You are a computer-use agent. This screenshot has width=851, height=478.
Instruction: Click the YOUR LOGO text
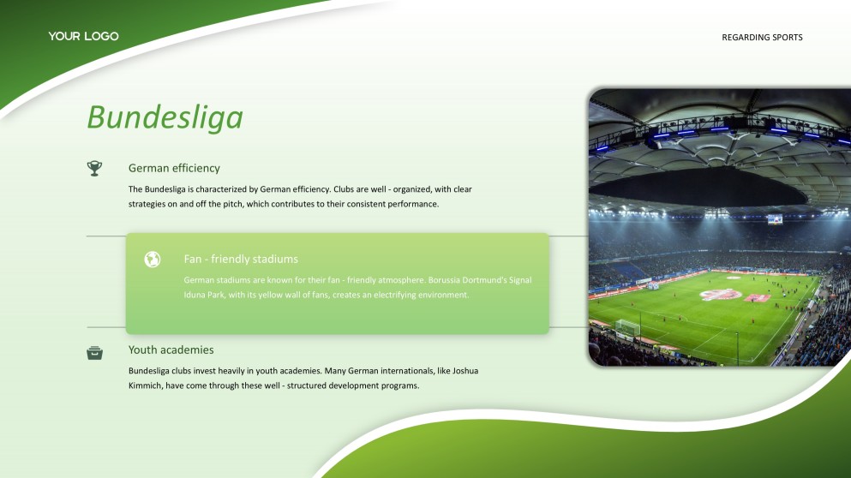[84, 36]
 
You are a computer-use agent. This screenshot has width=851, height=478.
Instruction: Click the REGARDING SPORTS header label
[762, 38]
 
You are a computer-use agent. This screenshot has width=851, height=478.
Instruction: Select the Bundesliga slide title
[165, 117]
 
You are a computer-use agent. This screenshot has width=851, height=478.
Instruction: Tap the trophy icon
[94, 168]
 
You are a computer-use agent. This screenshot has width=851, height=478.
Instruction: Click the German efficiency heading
[174, 168]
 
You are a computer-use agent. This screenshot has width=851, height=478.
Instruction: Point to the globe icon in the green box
[153, 260]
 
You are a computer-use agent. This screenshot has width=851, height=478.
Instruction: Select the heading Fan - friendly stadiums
[241, 259]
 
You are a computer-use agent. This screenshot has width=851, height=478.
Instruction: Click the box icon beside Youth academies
[94, 353]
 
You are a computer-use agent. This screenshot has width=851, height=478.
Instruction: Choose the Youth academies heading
[171, 350]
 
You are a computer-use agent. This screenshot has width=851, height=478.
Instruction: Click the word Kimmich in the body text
[145, 385]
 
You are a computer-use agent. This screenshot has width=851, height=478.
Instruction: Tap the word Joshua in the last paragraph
[465, 371]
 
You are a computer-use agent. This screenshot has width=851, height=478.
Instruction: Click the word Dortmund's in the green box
[485, 280]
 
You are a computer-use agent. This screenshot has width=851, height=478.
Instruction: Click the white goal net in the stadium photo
[627, 328]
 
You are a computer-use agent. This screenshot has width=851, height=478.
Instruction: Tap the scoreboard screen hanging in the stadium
[775, 220]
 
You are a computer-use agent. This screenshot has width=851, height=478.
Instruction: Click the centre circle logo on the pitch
[721, 295]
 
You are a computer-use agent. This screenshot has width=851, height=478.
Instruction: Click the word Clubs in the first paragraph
[344, 189]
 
